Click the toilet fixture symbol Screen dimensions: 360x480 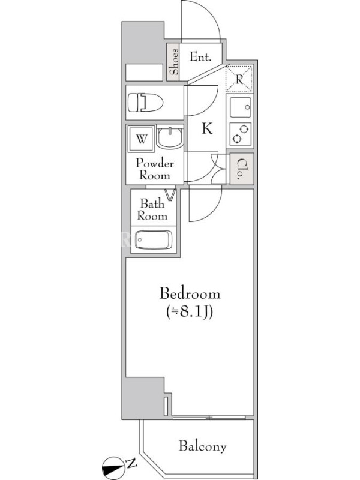pos(145,103)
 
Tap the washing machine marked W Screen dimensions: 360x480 pos(141,139)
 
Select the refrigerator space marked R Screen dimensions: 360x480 pos(239,79)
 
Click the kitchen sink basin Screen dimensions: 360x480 pos(241,107)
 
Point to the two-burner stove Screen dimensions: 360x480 pos(241,134)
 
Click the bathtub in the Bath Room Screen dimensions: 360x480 pos(154,239)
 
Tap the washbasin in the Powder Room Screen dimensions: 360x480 pos(170,137)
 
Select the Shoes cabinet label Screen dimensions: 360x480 pos(174,62)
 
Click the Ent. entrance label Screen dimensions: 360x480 pos(200,56)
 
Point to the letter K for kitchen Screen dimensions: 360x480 pos(207,128)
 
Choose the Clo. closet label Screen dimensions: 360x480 pos(241,169)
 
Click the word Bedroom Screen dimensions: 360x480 pos(190,293)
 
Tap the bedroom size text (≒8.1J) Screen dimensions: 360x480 pos(190,312)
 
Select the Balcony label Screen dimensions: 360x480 pos(203,446)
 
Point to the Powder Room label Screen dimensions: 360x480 pos(155,169)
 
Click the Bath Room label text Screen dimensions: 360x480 pos(152,209)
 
